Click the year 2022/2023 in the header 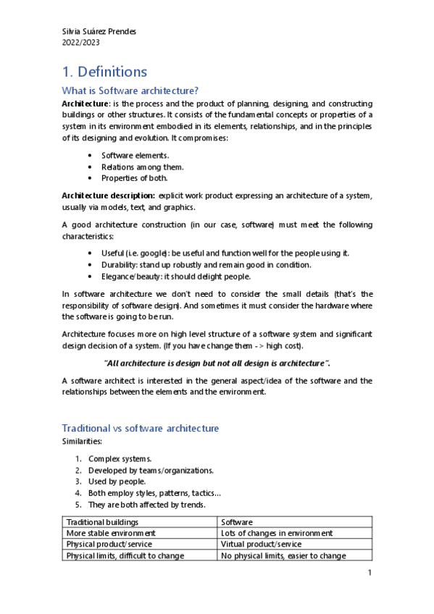[x=81, y=42]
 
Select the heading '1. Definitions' [x=104, y=72]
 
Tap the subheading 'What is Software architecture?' [x=130, y=91]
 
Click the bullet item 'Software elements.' [x=135, y=156]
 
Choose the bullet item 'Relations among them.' [x=138, y=167]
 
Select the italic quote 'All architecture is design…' [x=217, y=362]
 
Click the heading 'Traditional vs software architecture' [x=140, y=428]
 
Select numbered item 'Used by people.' [x=117, y=481]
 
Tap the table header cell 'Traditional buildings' [x=102, y=522]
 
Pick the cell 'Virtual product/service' [x=261, y=544]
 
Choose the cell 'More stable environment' [x=110, y=533]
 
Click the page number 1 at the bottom [x=370, y=573]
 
